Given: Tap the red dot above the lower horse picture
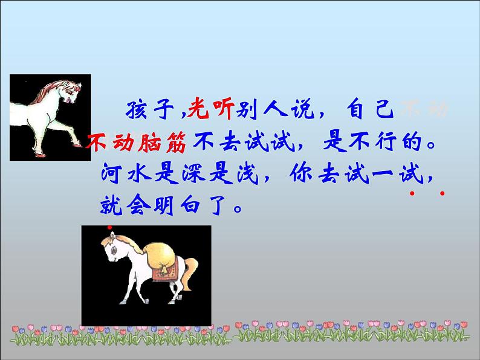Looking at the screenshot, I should coord(109,228).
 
